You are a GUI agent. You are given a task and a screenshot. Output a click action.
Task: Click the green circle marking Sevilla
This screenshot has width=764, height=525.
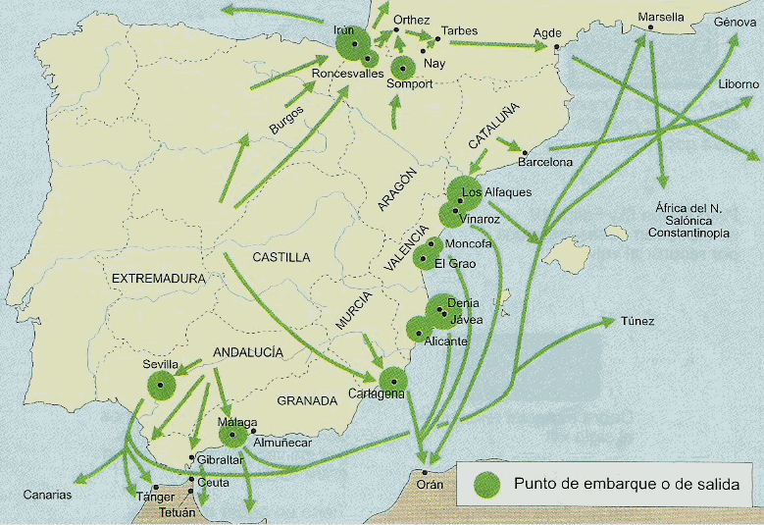161,384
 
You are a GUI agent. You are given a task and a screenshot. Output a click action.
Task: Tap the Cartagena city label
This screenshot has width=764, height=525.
376,394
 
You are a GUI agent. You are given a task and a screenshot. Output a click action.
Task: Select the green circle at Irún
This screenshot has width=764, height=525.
351,45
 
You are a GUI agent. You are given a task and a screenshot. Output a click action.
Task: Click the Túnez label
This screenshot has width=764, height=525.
637,321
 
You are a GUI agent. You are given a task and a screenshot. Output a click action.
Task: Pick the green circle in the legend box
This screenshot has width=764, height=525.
486,484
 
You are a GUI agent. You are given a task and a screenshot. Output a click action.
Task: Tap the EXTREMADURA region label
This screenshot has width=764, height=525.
158,279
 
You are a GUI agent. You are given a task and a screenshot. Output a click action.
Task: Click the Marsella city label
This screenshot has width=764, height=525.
661,18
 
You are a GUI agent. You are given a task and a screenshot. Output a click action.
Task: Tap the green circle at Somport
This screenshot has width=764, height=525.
402,68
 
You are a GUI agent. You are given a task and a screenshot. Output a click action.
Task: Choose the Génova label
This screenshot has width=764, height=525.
736,22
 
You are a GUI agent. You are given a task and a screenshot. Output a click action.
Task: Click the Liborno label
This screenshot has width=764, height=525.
738,84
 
